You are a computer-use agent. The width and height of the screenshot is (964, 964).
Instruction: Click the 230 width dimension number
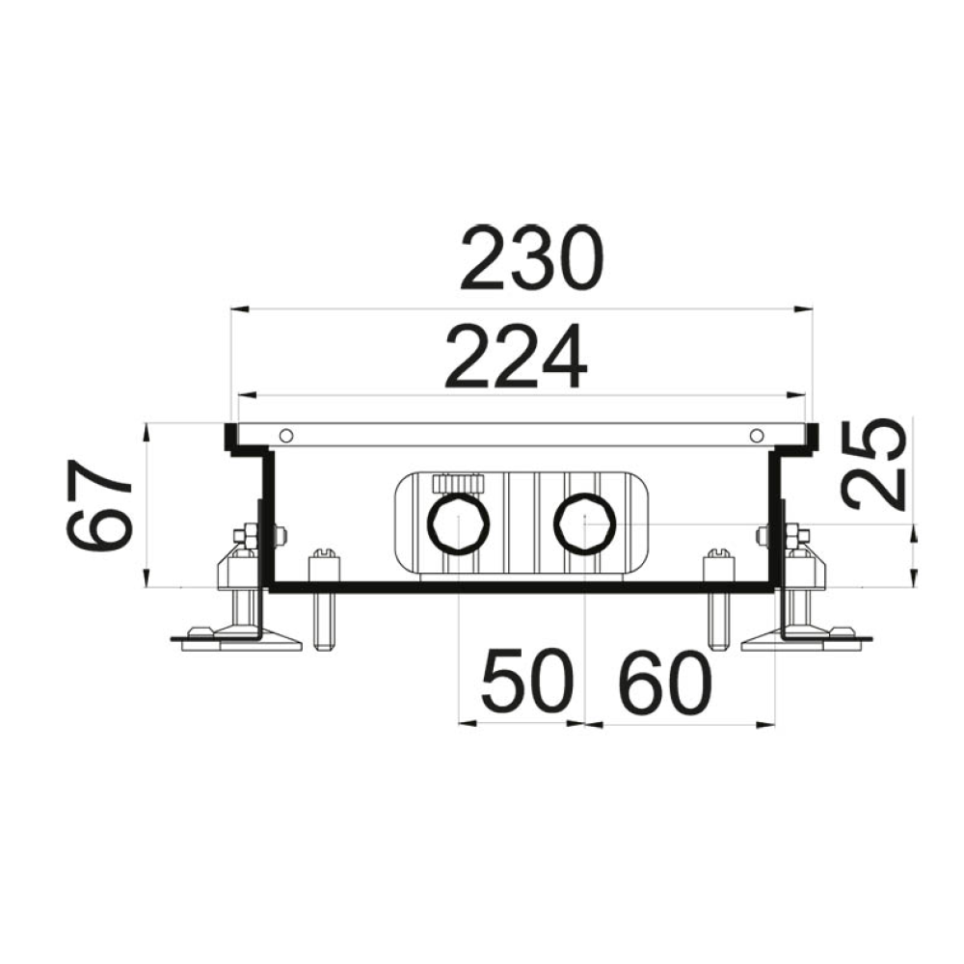(532, 258)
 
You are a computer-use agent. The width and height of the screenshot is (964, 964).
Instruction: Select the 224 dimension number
(516, 357)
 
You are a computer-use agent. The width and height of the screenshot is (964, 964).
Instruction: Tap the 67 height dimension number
(99, 506)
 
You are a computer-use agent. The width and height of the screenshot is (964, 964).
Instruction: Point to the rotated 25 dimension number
(874, 465)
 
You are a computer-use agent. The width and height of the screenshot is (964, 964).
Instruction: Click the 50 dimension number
(528, 681)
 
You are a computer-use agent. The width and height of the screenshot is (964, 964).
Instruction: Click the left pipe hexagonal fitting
(459, 523)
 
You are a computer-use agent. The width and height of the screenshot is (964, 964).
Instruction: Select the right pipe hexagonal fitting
(585, 523)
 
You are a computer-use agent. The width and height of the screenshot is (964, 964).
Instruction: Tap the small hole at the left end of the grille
(285, 436)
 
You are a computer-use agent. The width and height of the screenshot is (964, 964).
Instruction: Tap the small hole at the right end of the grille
(757, 436)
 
